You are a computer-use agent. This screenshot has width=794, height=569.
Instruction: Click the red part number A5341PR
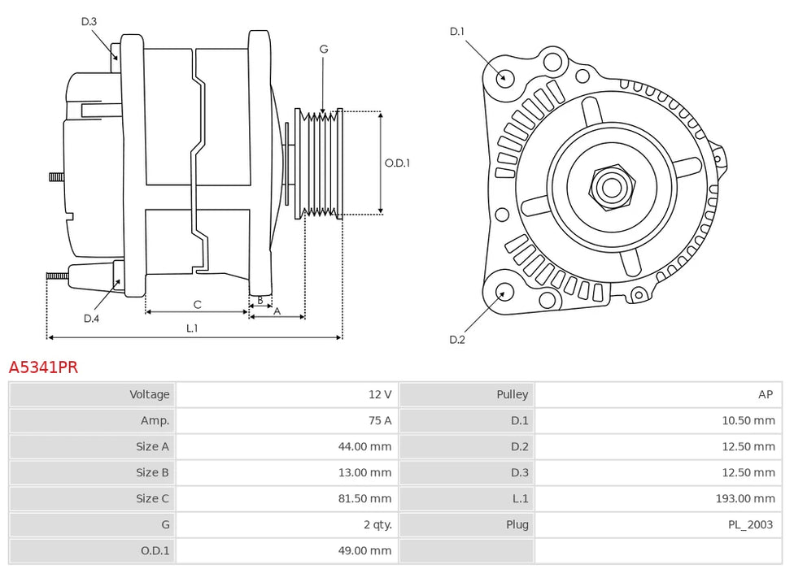pyautogui.click(x=43, y=367)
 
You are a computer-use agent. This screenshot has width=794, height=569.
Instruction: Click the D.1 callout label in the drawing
pyautogui.click(x=456, y=32)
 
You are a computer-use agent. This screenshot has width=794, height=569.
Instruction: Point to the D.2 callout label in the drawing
pyautogui.click(x=457, y=339)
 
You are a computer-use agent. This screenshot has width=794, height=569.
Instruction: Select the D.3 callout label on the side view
pyautogui.click(x=89, y=21)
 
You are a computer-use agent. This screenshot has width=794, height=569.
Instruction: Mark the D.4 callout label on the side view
pyautogui.click(x=91, y=319)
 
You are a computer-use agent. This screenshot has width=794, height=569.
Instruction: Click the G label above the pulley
pyautogui.click(x=324, y=50)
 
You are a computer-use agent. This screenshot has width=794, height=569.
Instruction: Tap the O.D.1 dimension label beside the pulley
pyautogui.click(x=397, y=163)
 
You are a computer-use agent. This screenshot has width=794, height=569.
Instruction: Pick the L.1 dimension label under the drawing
pyautogui.click(x=192, y=328)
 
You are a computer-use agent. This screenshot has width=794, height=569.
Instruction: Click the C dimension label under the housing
pyautogui.click(x=197, y=304)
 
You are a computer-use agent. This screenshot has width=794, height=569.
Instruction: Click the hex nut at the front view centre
pyautogui.click(x=610, y=186)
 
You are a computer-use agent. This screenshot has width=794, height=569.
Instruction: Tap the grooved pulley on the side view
pyautogui.click(x=320, y=163)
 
